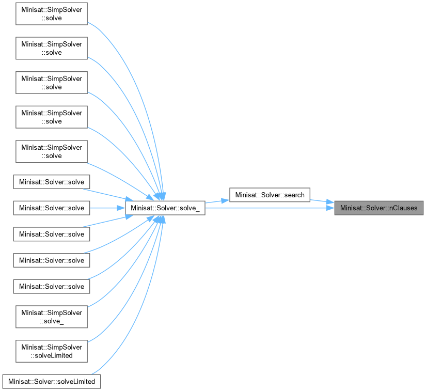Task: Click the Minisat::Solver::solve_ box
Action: [x=165, y=208]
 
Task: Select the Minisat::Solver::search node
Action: [x=270, y=195]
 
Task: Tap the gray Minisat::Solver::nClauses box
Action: [x=379, y=208]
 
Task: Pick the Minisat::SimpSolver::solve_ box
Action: [x=52, y=316]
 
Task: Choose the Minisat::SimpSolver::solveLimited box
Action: [x=52, y=351]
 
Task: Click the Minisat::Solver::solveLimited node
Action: [x=52, y=381]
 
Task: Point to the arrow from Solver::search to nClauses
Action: [x=321, y=200]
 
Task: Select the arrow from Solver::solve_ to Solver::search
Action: [x=217, y=201]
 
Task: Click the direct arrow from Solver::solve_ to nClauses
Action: [x=269, y=208]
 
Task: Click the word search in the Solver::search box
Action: [x=294, y=195]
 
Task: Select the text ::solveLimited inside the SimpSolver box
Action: [x=52, y=355]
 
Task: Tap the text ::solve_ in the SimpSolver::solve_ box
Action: [x=52, y=321]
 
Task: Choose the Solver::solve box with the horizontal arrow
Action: [x=52, y=208]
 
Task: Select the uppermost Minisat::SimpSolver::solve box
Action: [x=52, y=13]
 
